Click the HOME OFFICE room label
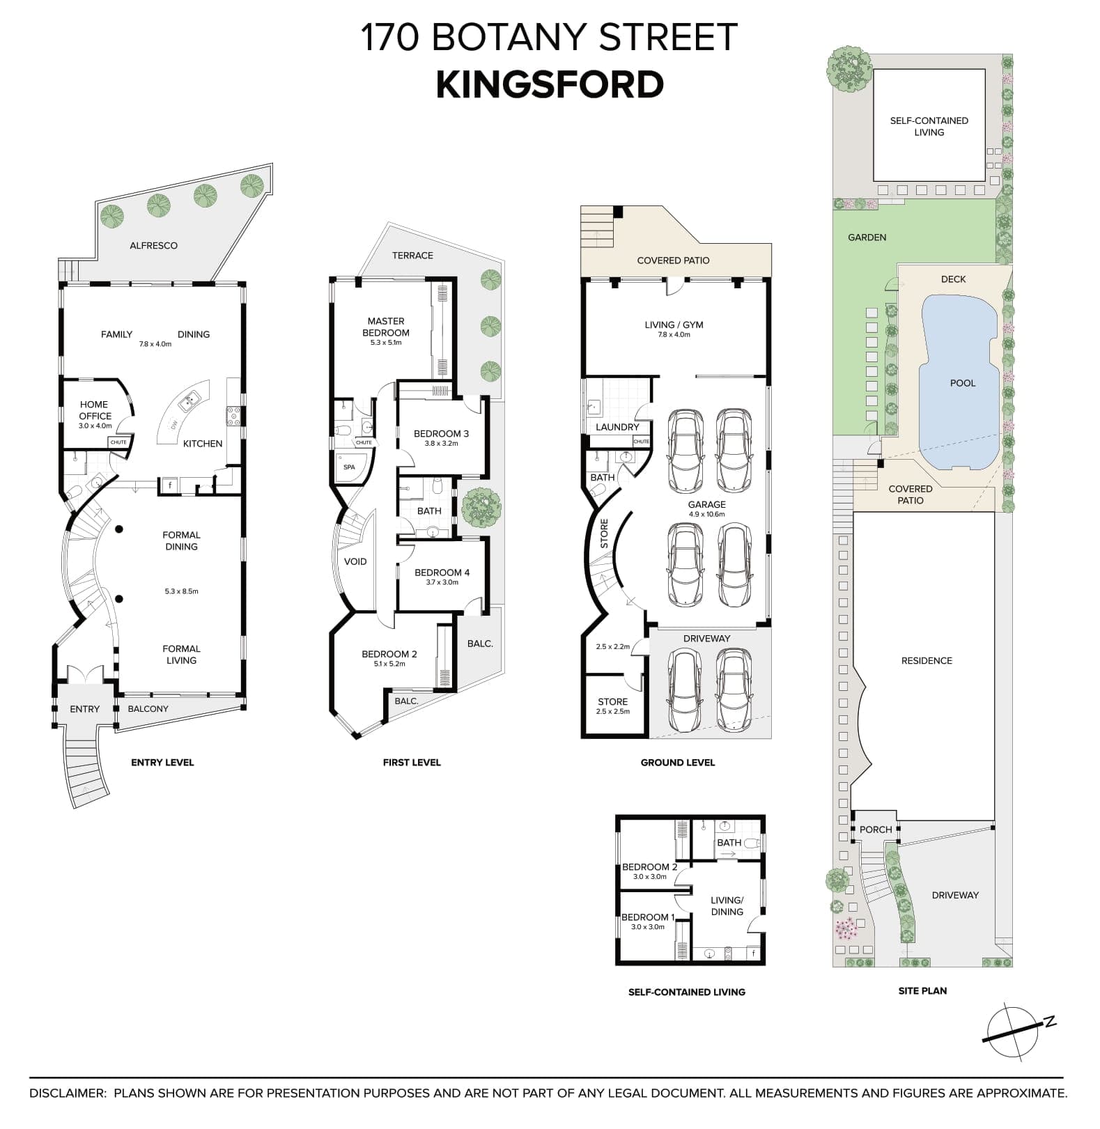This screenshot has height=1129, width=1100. click(95, 410)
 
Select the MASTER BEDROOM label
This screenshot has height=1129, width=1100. click(386, 327)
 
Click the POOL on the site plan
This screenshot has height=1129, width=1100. click(962, 383)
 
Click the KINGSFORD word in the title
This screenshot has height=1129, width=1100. click(550, 85)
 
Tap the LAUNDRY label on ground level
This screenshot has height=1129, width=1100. click(617, 427)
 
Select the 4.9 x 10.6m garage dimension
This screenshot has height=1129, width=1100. click(706, 515)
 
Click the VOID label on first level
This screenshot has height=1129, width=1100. click(355, 561)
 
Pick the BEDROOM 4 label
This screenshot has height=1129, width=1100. click(442, 573)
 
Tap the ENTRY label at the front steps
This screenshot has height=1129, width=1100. click(84, 709)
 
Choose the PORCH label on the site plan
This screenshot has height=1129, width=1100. click(875, 830)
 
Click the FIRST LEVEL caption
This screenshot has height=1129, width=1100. click(411, 763)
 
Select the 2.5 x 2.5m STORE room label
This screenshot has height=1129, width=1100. click(612, 702)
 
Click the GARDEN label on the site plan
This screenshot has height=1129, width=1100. click(867, 238)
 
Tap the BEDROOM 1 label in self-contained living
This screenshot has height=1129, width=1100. click(648, 917)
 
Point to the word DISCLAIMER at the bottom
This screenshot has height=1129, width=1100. click(66, 1093)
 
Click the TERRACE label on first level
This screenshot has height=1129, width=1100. click(412, 256)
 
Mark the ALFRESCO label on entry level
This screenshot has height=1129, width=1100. click(153, 245)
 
